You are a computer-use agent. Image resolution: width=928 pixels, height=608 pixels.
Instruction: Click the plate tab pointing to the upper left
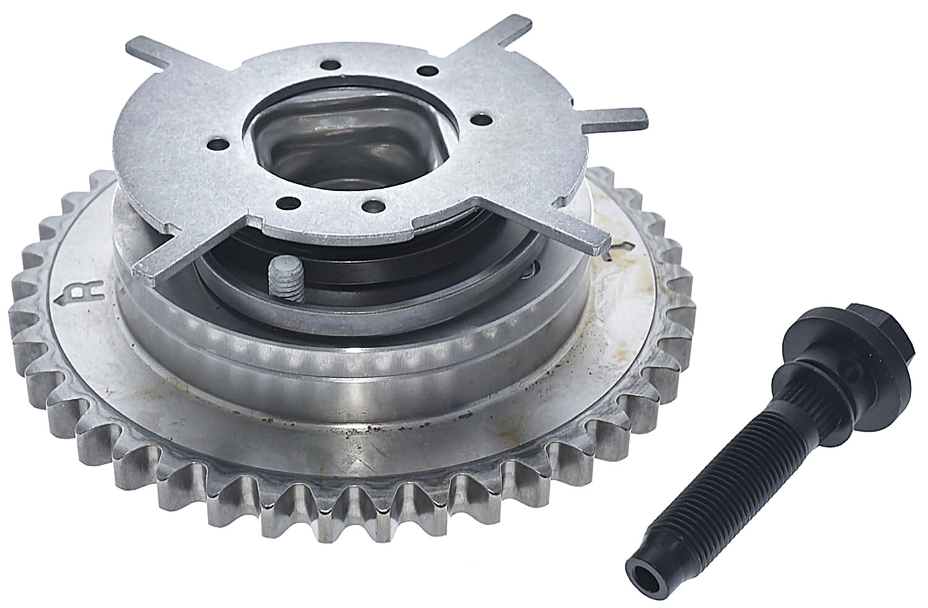pos(148,54)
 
